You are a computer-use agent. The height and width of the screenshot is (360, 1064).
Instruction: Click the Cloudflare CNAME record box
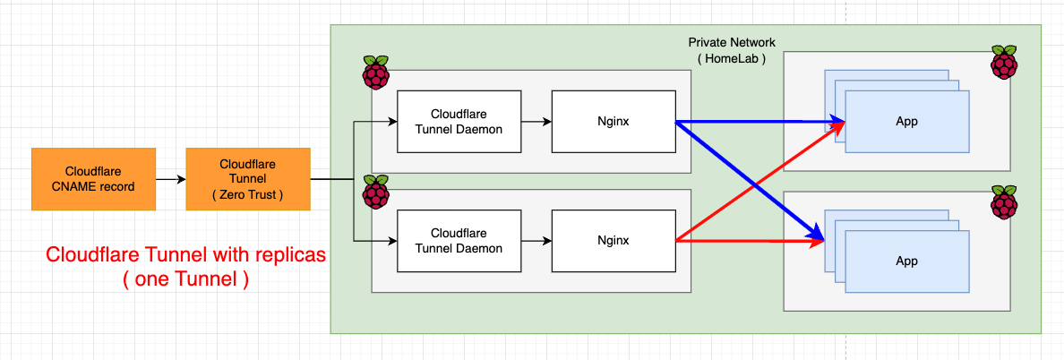pyautogui.click(x=93, y=179)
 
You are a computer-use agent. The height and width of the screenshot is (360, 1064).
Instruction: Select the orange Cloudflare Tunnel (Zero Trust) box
pyautogui.click(x=248, y=179)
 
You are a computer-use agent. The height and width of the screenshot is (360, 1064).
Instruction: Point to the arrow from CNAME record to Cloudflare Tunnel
pyautogui.click(x=170, y=180)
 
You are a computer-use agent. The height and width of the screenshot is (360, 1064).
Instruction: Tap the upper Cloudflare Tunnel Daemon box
pyautogui.click(x=459, y=121)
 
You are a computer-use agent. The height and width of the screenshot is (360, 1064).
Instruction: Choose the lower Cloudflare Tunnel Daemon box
pyautogui.click(x=459, y=241)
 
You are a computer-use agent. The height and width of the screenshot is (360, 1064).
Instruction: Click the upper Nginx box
pyautogui.click(x=614, y=121)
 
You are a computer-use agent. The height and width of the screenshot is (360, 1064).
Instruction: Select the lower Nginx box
pyautogui.click(x=614, y=241)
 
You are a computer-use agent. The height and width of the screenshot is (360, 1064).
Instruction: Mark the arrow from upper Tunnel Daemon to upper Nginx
pyautogui.click(x=536, y=121)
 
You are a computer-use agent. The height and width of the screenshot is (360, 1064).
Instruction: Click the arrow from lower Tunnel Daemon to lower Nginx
pyautogui.click(x=536, y=241)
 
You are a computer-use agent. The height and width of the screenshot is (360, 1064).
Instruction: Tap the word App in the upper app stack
pyautogui.click(x=906, y=121)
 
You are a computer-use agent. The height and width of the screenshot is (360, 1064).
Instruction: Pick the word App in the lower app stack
pyautogui.click(x=906, y=261)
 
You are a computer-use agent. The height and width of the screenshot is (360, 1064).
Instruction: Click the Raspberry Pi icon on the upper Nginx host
pyautogui.click(x=376, y=72)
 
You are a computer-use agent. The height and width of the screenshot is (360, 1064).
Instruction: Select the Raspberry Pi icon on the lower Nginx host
pyautogui.click(x=376, y=193)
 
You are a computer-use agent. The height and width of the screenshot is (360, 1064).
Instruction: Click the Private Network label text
pyautogui.click(x=732, y=42)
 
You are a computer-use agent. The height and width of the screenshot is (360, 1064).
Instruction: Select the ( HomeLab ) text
pyautogui.click(x=732, y=58)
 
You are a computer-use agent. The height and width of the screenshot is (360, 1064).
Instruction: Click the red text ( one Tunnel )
pyautogui.click(x=184, y=279)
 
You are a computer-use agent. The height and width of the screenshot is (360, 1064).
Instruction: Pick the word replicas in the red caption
pyautogui.click(x=280, y=255)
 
